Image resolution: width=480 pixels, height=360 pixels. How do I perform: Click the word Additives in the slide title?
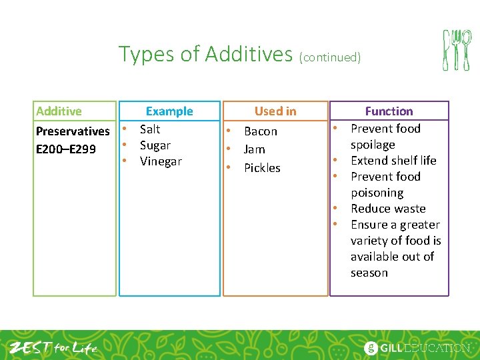pyautogui.click(x=248, y=54)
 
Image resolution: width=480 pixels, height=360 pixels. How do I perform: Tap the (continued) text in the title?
pyautogui.click(x=330, y=57)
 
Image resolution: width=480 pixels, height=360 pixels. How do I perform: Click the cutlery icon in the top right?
pyautogui.click(x=457, y=50)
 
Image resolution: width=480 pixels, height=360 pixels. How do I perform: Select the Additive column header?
pyautogui.click(x=59, y=111)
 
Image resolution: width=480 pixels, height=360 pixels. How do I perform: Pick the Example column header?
pyautogui.click(x=169, y=111)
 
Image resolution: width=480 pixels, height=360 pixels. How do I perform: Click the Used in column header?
pyautogui.click(x=275, y=111)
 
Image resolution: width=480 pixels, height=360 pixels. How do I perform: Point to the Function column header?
pyautogui.click(x=389, y=111)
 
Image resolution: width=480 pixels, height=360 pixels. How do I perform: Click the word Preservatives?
pyautogui.click(x=72, y=131)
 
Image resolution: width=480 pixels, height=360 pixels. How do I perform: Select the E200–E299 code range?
pyautogui.click(x=65, y=149)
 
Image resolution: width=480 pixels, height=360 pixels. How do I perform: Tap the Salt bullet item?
pyautogui.click(x=150, y=129)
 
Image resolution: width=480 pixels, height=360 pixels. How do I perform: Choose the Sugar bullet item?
pyautogui.click(x=155, y=145)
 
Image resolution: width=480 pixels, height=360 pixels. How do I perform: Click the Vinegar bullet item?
pyautogui.click(x=161, y=161)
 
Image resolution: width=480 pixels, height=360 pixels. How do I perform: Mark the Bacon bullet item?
pyautogui.click(x=260, y=131)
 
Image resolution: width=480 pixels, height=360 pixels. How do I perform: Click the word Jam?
pyautogui.click(x=254, y=149)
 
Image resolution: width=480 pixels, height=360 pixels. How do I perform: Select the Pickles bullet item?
pyautogui.click(x=262, y=168)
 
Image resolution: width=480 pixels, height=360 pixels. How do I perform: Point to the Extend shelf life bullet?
pyautogui.click(x=393, y=161)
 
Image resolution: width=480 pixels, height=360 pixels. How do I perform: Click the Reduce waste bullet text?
pyautogui.click(x=388, y=209)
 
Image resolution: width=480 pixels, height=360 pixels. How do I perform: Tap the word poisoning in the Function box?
pyautogui.click(x=377, y=193)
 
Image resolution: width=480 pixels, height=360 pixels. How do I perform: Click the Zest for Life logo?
pyautogui.click(x=53, y=347)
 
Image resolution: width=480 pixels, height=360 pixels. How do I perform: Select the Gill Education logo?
pyautogui.click(x=417, y=347)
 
